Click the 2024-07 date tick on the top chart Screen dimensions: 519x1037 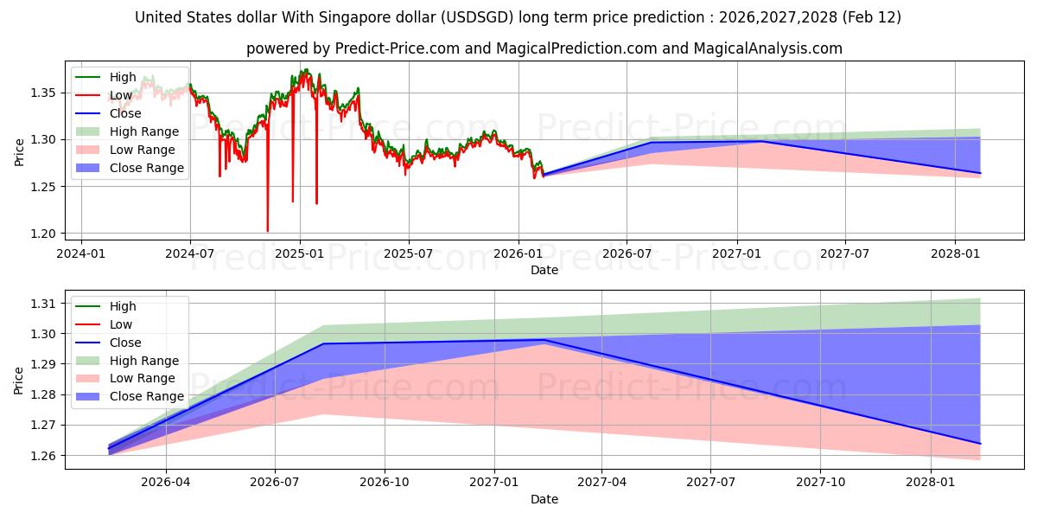(190, 254)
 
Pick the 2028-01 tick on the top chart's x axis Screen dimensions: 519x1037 (955, 254)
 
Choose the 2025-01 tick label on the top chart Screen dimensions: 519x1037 (300, 254)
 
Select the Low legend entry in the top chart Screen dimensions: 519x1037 (121, 95)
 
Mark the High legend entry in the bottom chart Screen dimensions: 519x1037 (123, 306)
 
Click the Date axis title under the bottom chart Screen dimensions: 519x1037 (544, 499)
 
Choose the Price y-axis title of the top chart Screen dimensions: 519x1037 (19, 151)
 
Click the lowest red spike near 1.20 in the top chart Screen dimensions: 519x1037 (267, 231)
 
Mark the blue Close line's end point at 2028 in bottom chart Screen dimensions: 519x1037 (980, 444)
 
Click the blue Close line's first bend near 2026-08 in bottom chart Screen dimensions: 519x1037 (323, 343)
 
